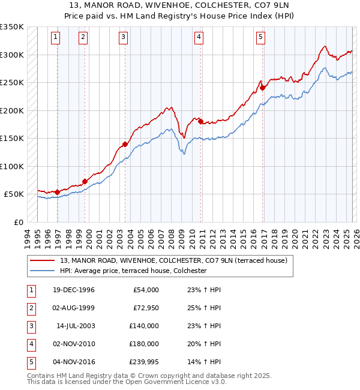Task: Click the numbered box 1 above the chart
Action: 55,37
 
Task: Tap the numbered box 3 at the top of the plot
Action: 123,37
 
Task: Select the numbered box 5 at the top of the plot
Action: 261,37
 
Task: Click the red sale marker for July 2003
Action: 125,144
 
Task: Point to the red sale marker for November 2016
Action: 263,88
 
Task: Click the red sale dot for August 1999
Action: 85,181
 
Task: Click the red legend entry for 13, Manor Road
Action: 173,260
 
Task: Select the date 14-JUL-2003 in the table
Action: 75,326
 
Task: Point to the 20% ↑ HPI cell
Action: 200,344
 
